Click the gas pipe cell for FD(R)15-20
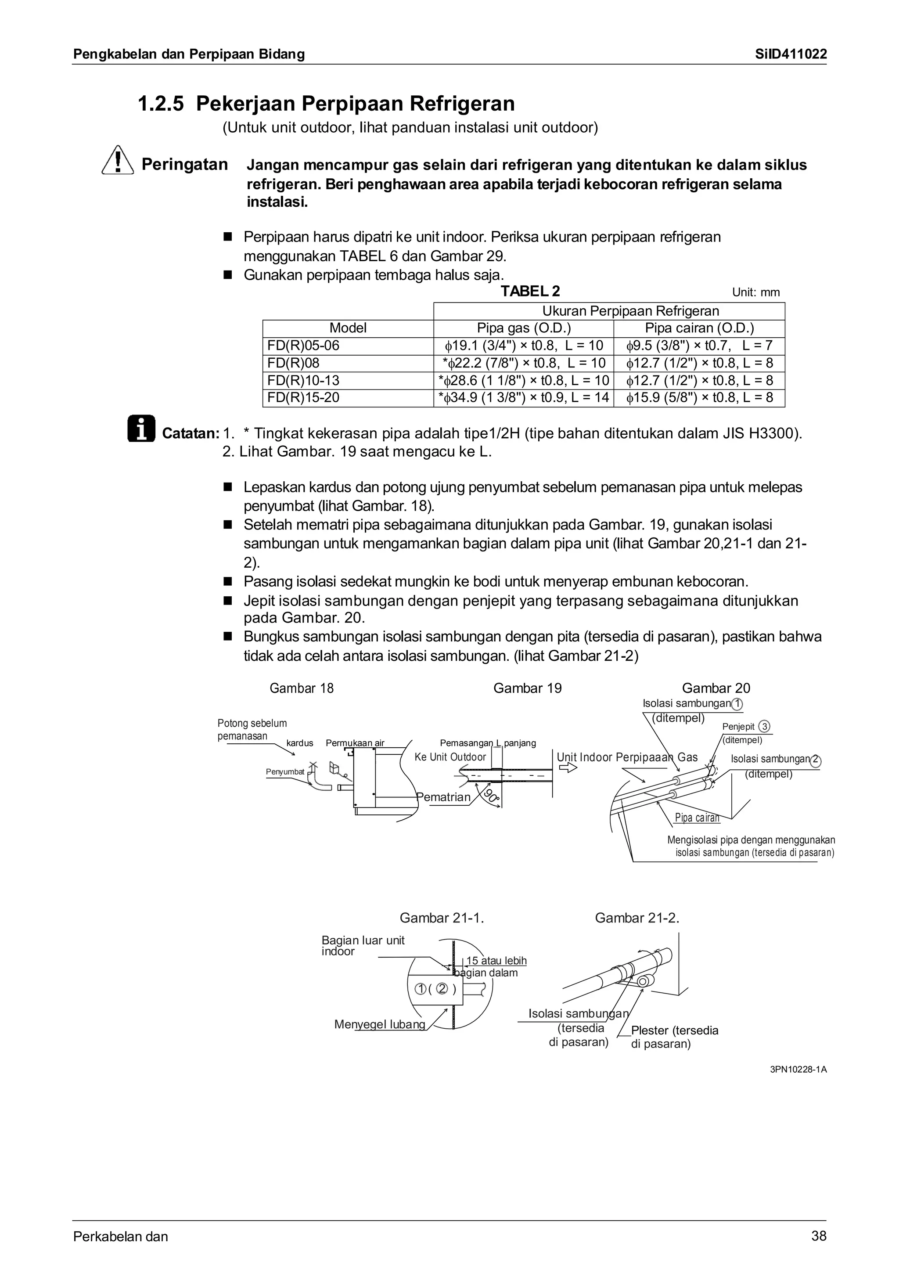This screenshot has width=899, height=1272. click(x=523, y=397)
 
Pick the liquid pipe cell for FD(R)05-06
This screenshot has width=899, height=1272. click(x=699, y=346)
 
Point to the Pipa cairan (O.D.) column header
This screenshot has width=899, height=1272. click(x=699, y=328)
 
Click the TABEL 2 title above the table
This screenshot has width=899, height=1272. click(x=530, y=291)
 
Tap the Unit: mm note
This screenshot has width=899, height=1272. click(x=755, y=292)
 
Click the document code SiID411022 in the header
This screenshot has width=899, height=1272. click(x=791, y=54)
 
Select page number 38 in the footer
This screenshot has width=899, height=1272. click(x=819, y=1236)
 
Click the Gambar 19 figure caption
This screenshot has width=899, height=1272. click(x=527, y=688)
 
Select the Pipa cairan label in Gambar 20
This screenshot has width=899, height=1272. click(x=697, y=818)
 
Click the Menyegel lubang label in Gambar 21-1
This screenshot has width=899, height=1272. click(x=379, y=1024)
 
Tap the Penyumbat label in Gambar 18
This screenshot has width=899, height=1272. click(x=285, y=772)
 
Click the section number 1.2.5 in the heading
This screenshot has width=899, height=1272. click(x=160, y=104)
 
